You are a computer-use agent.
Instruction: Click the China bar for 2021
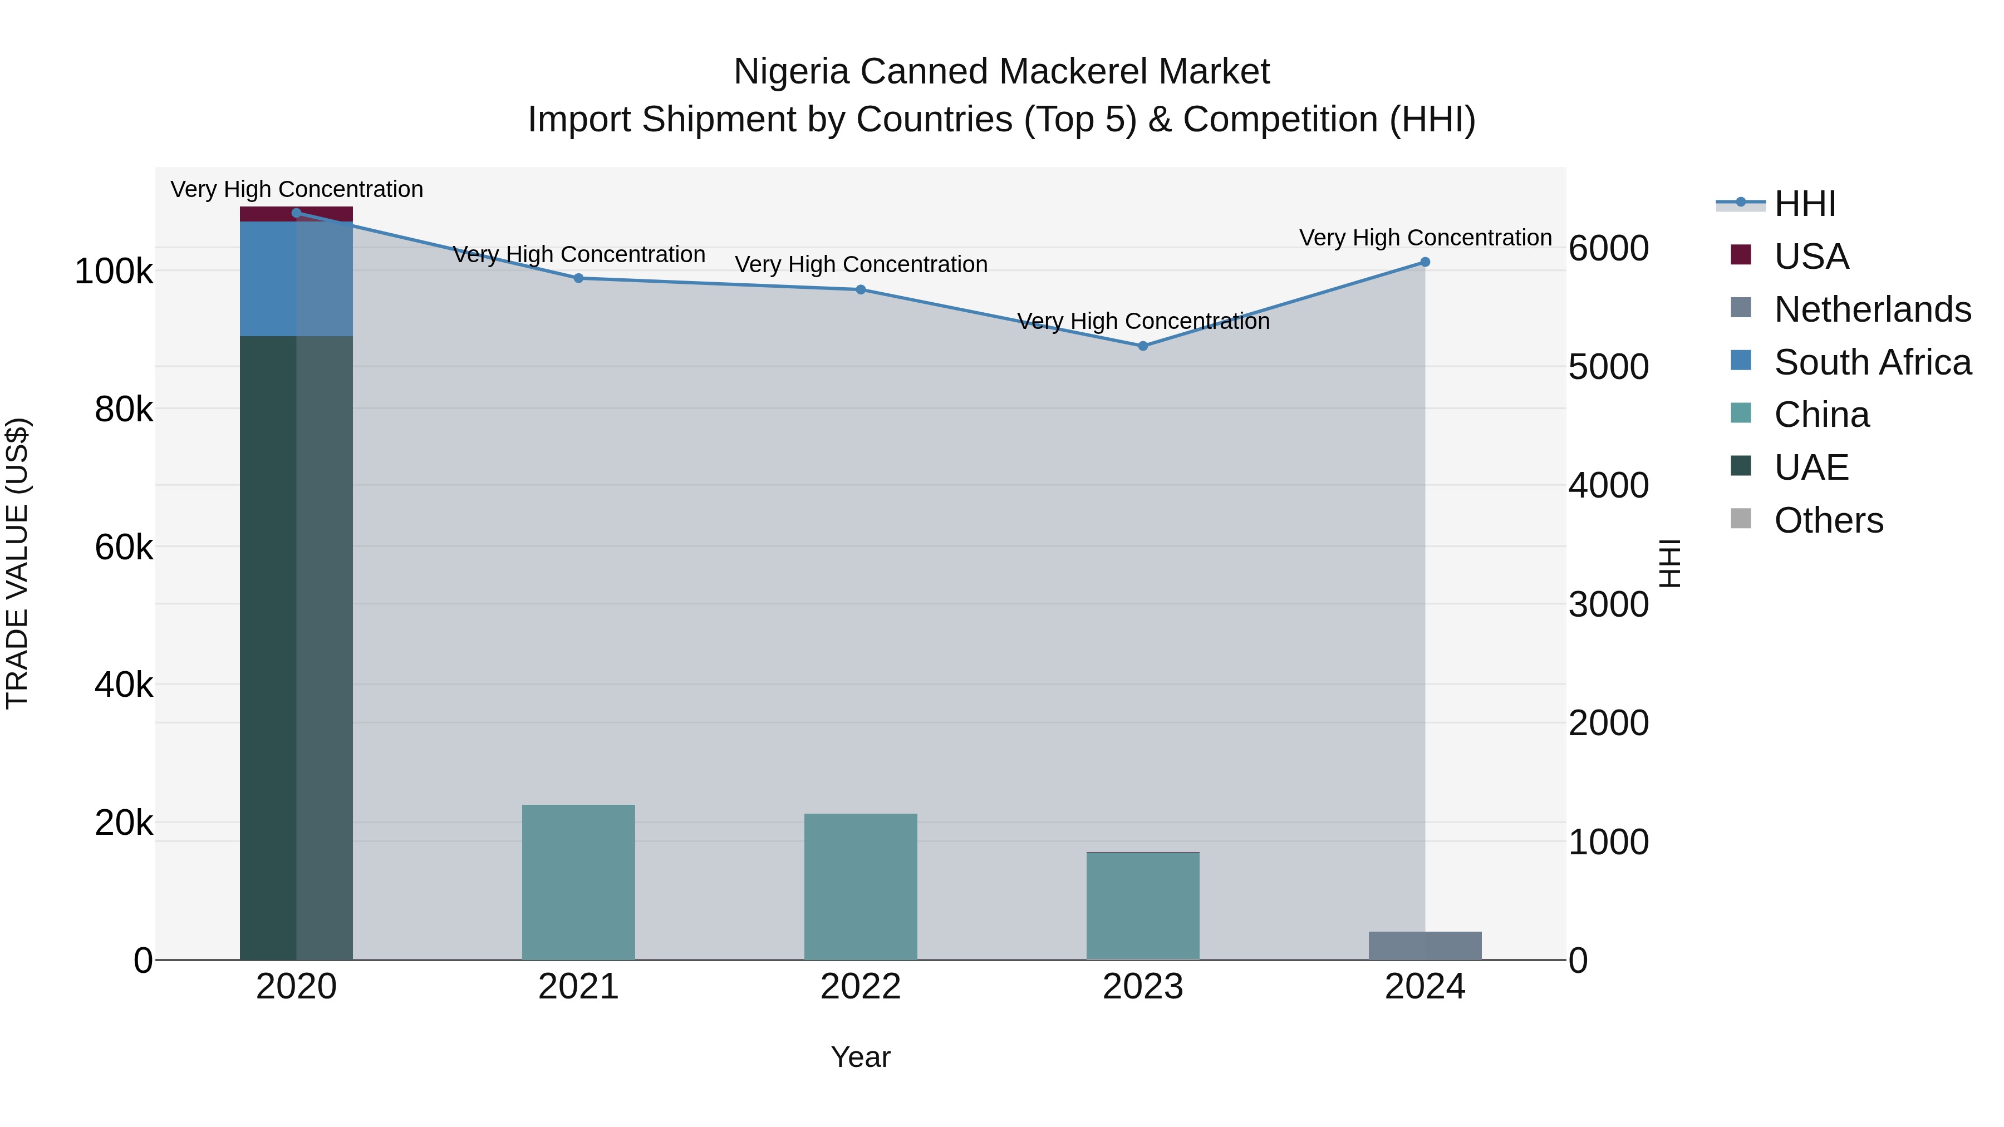[x=578, y=882]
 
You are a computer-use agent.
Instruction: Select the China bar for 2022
[x=861, y=887]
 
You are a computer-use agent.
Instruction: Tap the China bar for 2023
[x=1142, y=906]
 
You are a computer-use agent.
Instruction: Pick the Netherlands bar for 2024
[x=1425, y=946]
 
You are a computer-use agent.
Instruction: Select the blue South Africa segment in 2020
[x=296, y=278]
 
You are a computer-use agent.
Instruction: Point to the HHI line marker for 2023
[x=1143, y=346]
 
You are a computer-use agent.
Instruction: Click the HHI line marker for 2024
[x=1425, y=262]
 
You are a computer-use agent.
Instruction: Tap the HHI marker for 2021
[x=578, y=278]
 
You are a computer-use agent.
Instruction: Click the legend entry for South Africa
[x=1872, y=362]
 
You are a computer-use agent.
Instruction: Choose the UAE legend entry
[x=1810, y=467]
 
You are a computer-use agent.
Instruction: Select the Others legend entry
[x=1828, y=520]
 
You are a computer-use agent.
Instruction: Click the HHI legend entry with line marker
[x=1805, y=204]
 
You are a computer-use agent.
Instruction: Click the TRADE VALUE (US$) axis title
[x=17, y=563]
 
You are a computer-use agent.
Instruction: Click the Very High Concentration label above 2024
[x=1425, y=238]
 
